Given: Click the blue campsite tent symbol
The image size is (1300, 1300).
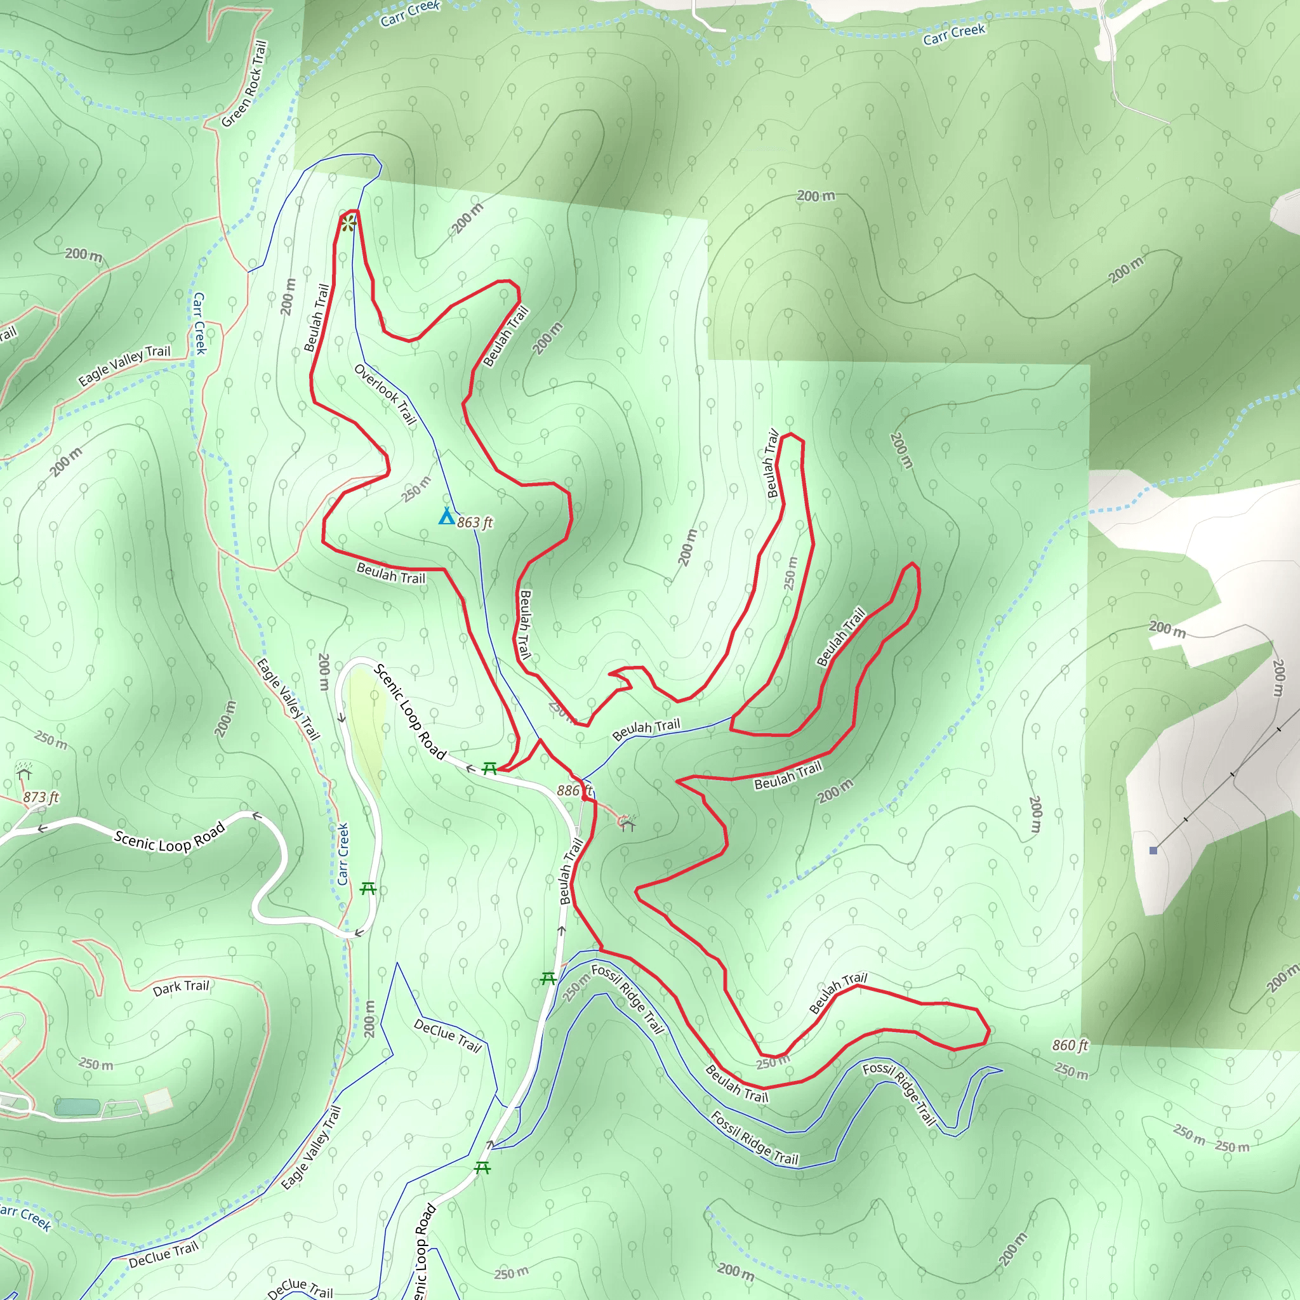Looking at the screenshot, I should click(446, 517).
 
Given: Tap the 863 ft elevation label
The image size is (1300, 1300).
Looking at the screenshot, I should click(475, 523).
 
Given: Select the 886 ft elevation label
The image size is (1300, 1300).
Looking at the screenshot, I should click(574, 791).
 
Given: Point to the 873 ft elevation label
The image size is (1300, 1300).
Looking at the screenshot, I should click(41, 797).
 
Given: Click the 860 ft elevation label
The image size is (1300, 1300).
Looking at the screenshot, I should click(1070, 1045).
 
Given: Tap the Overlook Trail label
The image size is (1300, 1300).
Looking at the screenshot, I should click(385, 394).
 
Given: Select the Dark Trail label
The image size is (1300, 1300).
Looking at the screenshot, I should click(181, 988).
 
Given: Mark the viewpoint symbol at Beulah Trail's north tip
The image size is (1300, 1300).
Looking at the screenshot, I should click(347, 223).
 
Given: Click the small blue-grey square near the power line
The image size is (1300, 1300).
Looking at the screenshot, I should click(1153, 851).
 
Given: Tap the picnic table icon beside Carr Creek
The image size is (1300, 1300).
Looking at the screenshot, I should click(368, 889).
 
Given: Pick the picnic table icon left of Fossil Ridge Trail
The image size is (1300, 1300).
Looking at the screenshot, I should click(548, 978).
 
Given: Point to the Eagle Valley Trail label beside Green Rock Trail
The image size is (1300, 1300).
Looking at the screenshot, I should click(124, 366).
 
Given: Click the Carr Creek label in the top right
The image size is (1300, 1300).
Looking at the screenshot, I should click(954, 34).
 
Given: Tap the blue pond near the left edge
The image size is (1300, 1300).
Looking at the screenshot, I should click(77, 1106).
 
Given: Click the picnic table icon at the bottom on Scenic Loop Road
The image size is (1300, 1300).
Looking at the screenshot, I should click(482, 1167).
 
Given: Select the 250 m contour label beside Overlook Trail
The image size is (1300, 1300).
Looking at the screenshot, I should click(416, 489).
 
